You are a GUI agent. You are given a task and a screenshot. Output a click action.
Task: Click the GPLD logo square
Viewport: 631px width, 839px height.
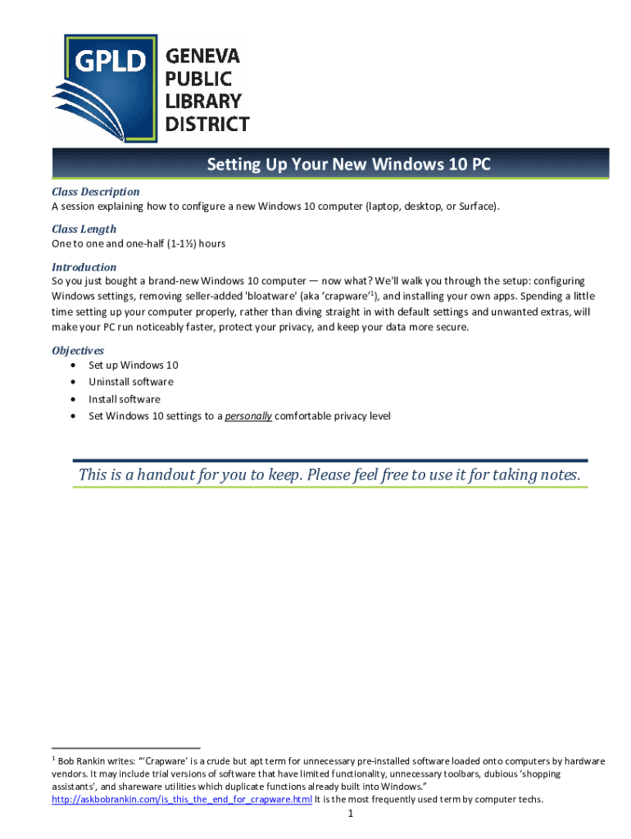(x=104, y=88)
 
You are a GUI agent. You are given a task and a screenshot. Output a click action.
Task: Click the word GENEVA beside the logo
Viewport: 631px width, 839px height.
(x=203, y=57)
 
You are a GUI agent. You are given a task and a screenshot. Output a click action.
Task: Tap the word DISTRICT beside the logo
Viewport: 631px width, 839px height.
(x=208, y=125)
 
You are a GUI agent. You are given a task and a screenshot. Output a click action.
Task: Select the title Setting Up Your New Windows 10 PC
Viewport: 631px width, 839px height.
(x=348, y=165)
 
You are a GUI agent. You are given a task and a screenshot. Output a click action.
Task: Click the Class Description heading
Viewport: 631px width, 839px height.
(x=96, y=192)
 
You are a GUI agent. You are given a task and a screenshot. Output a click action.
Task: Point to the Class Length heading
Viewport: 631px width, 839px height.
(x=84, y=229)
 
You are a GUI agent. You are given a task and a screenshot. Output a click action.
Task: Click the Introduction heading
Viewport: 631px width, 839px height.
(x=84, y=267)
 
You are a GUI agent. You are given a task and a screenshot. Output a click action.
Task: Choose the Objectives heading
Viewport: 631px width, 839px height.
(x=78, y=351)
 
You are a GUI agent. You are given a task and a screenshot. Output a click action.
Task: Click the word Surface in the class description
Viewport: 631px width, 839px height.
(x=477, y=206)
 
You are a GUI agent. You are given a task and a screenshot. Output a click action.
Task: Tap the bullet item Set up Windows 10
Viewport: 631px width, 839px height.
(x=134, y=365)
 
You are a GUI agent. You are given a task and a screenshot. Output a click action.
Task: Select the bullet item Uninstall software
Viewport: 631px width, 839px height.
(x=131, y=382)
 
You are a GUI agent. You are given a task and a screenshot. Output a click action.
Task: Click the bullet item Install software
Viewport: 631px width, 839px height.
(x=125, y=399)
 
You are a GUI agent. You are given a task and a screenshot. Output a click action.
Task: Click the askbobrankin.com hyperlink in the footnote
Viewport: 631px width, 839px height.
(x=181, y=800)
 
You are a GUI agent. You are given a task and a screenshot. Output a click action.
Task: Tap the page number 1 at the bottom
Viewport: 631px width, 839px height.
(x=350, y=814)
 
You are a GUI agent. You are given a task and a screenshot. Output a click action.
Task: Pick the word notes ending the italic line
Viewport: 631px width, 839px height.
(x=558, y=475)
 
